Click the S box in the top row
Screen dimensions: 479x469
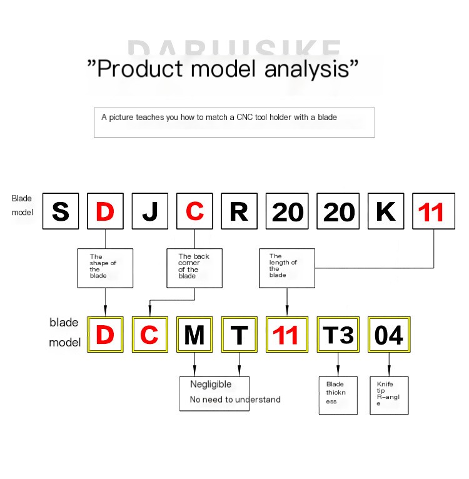click(x=61, y=211)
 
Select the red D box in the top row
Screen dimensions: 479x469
click(x=105, y=211)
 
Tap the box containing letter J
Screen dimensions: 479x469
click(x=150, y=211)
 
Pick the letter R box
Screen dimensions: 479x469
click(x=239, y=211)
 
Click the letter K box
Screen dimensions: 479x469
click(x=386, y=211)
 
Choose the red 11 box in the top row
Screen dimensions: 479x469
click(x=431, y=211)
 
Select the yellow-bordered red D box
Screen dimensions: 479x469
click(x=105, y=335)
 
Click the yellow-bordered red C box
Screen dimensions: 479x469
click(x=150, y=335)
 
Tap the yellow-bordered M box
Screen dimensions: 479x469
click(x=194, y=335)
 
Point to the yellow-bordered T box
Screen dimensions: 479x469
click(x=239, y=335)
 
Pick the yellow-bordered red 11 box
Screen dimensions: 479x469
click(x=286, y=335)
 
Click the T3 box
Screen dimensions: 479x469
click(x=338, y=335)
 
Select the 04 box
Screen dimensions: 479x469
click(x=389, y=335)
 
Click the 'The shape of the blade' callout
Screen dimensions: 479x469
click(x=105, y=268)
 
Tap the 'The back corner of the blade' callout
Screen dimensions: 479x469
click(x=194, y=268)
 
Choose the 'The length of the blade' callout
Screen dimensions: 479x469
click(x=287, y=268)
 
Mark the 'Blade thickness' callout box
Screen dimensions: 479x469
click(x=338, y=395)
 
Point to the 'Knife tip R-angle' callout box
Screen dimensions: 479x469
click(x=389, y=395)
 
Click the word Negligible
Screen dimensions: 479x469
click(x=211, y=385)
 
